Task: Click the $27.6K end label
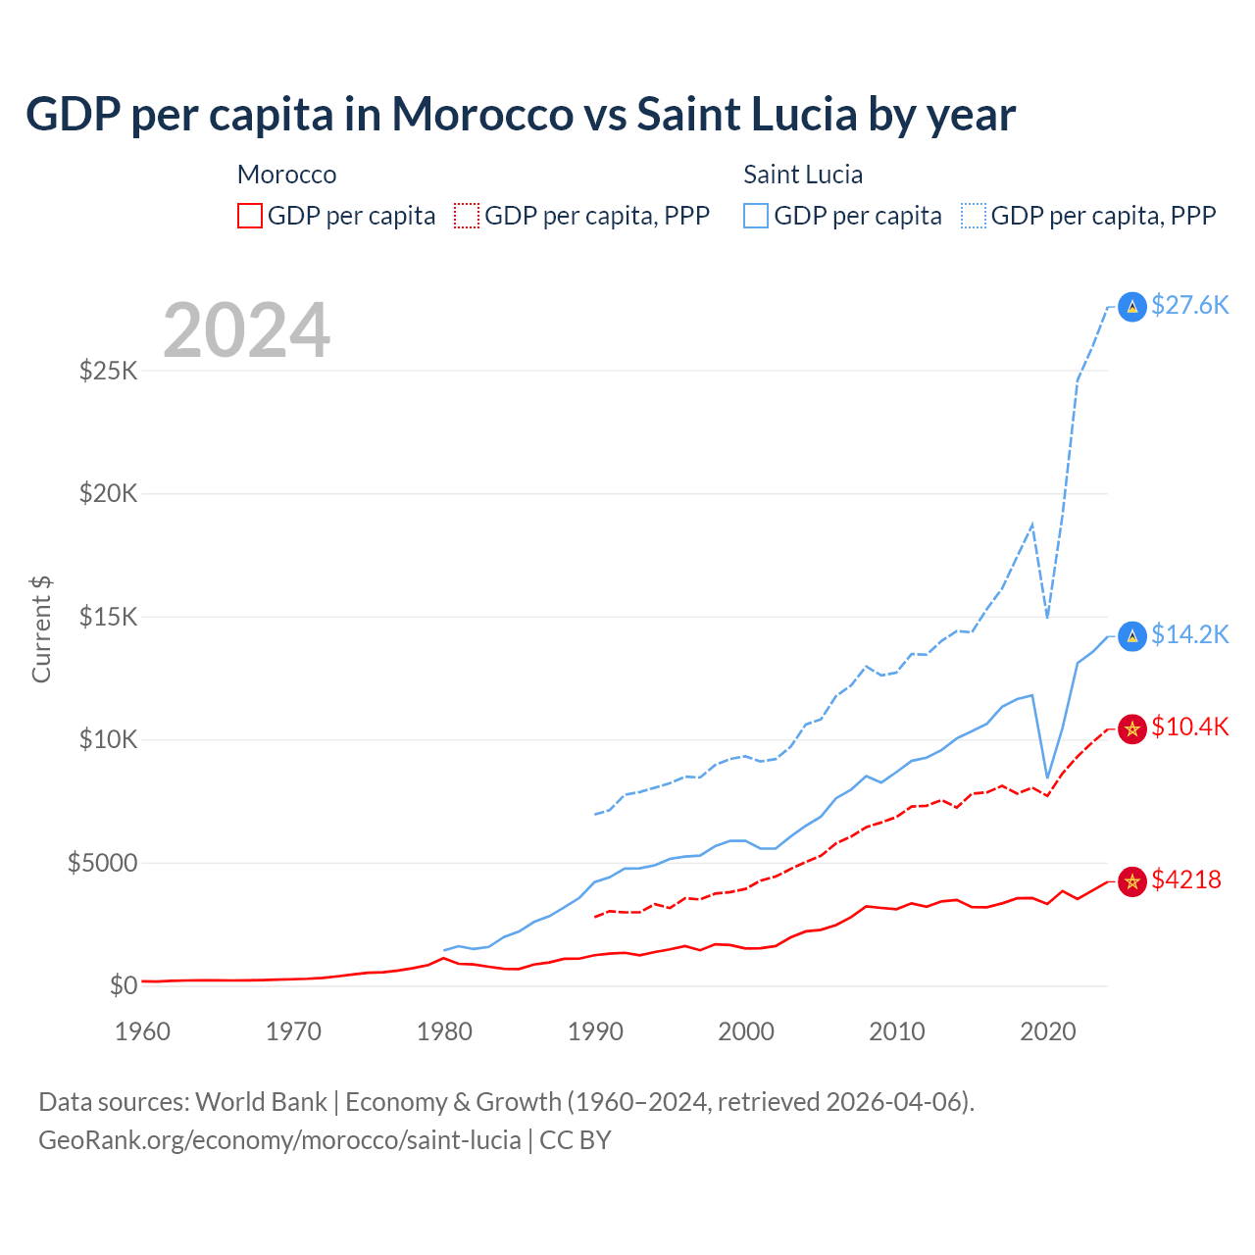pyautogui.click(x=1189, y=306)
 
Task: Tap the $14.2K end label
pyautogui.click(x=1189, y=635)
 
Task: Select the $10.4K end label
pyautogui.click(x=1189, y=728)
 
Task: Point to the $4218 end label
pyautogui.click(x=1186, y=880)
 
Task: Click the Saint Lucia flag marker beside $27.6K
pyautogui.click(x=1132, y=307)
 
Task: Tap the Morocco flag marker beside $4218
pyautogui.click(x=1132, y=881)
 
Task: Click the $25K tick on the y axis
pyautogui.click(x=108, y=372)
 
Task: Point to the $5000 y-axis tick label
pyautogui.click(x=102, y=864)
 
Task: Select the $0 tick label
pyautogui.click(x=123, y=986)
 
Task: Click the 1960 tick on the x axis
pyautogui.click(x=143, y=1032)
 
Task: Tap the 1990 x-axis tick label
pyautogui.click(x=596, y=1032)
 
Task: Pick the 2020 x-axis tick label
pyautogui.click(x=1048, y=1032)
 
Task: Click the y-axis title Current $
pyautogui.click(x=41, y=629)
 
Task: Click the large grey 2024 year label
pyautogui.click(x=246, y=330)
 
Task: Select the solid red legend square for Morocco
pyautogui.click(x=250, y=216)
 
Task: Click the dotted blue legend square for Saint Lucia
pyautogui.click(x=974, y=216)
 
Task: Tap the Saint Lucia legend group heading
pyautogui.click(x=803, y=175)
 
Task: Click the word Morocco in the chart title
pyautogui.click(x=482, y=115)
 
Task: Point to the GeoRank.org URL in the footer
pyautogui.click(x=279, y=1140)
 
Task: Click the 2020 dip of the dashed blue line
pyautogui.click(x=1047, y=616)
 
